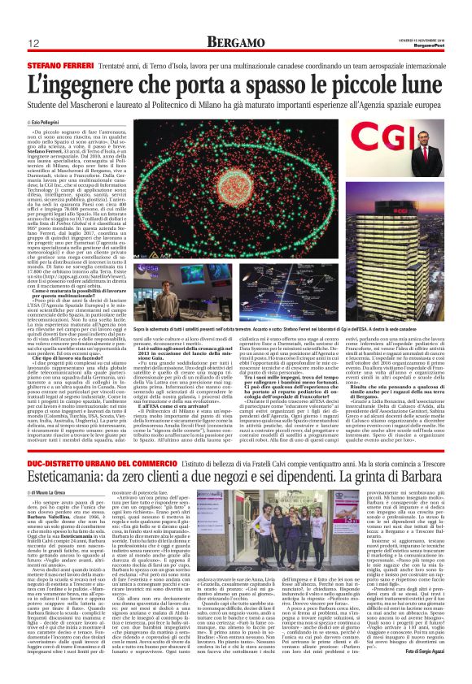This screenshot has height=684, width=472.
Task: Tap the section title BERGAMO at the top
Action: [x=235, y=41]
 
